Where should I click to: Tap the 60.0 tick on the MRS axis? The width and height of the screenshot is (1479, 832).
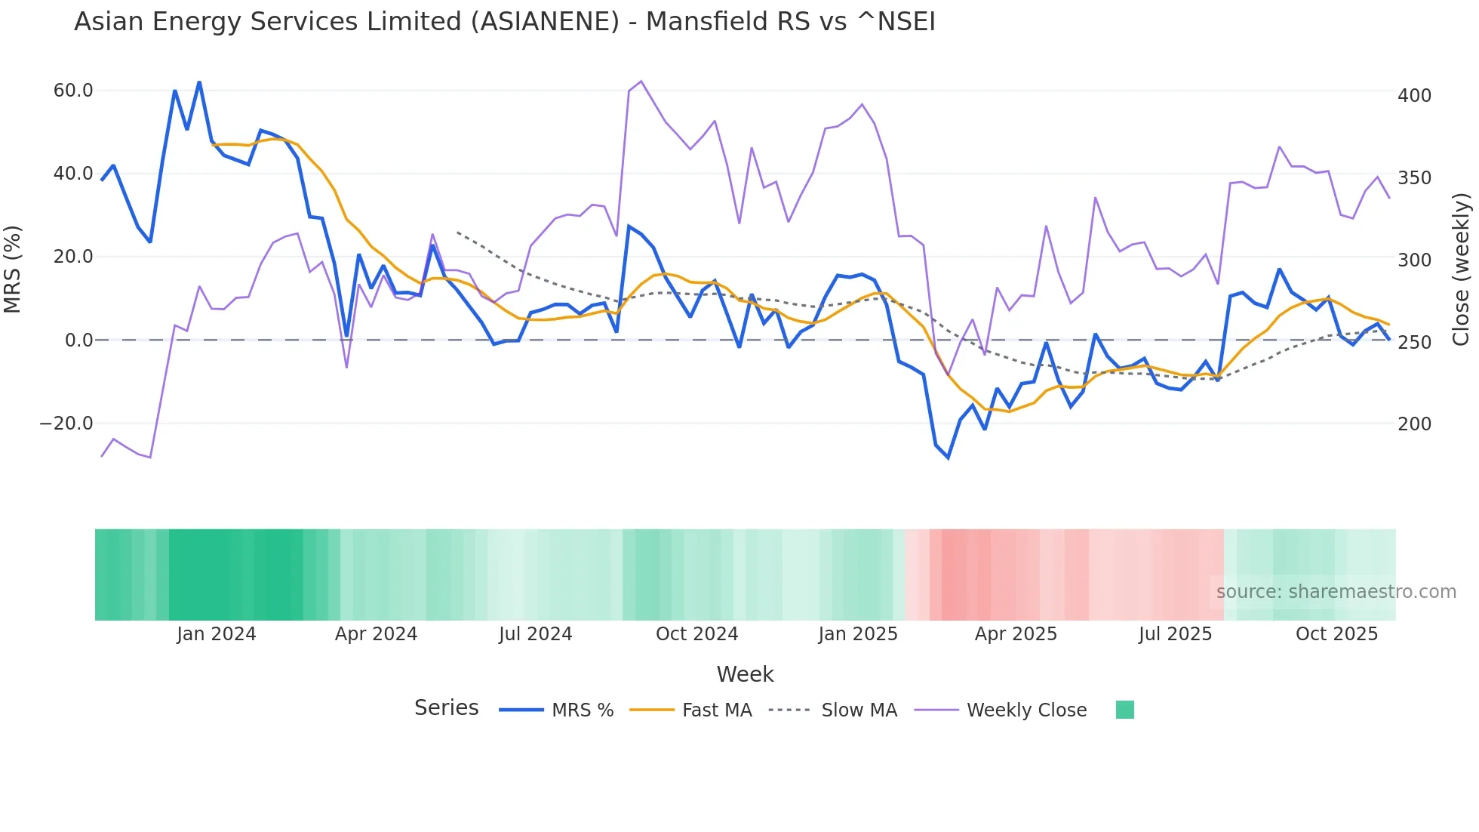(x=72, y=91)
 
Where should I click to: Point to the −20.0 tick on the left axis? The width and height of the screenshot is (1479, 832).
(x=66, y=424)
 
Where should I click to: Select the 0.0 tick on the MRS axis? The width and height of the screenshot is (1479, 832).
(x=78, y=341)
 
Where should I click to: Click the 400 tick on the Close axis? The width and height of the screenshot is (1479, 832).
(x=1414, y=96)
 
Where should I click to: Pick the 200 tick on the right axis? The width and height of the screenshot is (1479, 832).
(x=1414, y=424)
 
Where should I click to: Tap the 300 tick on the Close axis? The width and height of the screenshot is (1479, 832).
(x=1414, y=260)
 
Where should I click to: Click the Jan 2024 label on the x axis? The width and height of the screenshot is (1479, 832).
(x=217, y=634)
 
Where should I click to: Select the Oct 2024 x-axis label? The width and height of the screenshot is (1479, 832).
(x=696, y=634)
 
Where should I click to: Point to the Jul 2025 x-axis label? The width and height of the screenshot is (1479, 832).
(x=1175, y=634)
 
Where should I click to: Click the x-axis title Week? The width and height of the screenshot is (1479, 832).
(x=745, y=674)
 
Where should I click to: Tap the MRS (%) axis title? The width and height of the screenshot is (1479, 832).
(x=13, y=269)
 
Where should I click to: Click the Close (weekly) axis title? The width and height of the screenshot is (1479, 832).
(x=1462, y=269)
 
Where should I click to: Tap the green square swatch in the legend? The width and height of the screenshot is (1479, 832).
(x=1124, y=710)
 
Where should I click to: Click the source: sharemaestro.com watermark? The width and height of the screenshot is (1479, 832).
(x=1336, y=592)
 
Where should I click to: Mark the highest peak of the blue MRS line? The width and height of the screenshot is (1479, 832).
(x=199, y=82)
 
